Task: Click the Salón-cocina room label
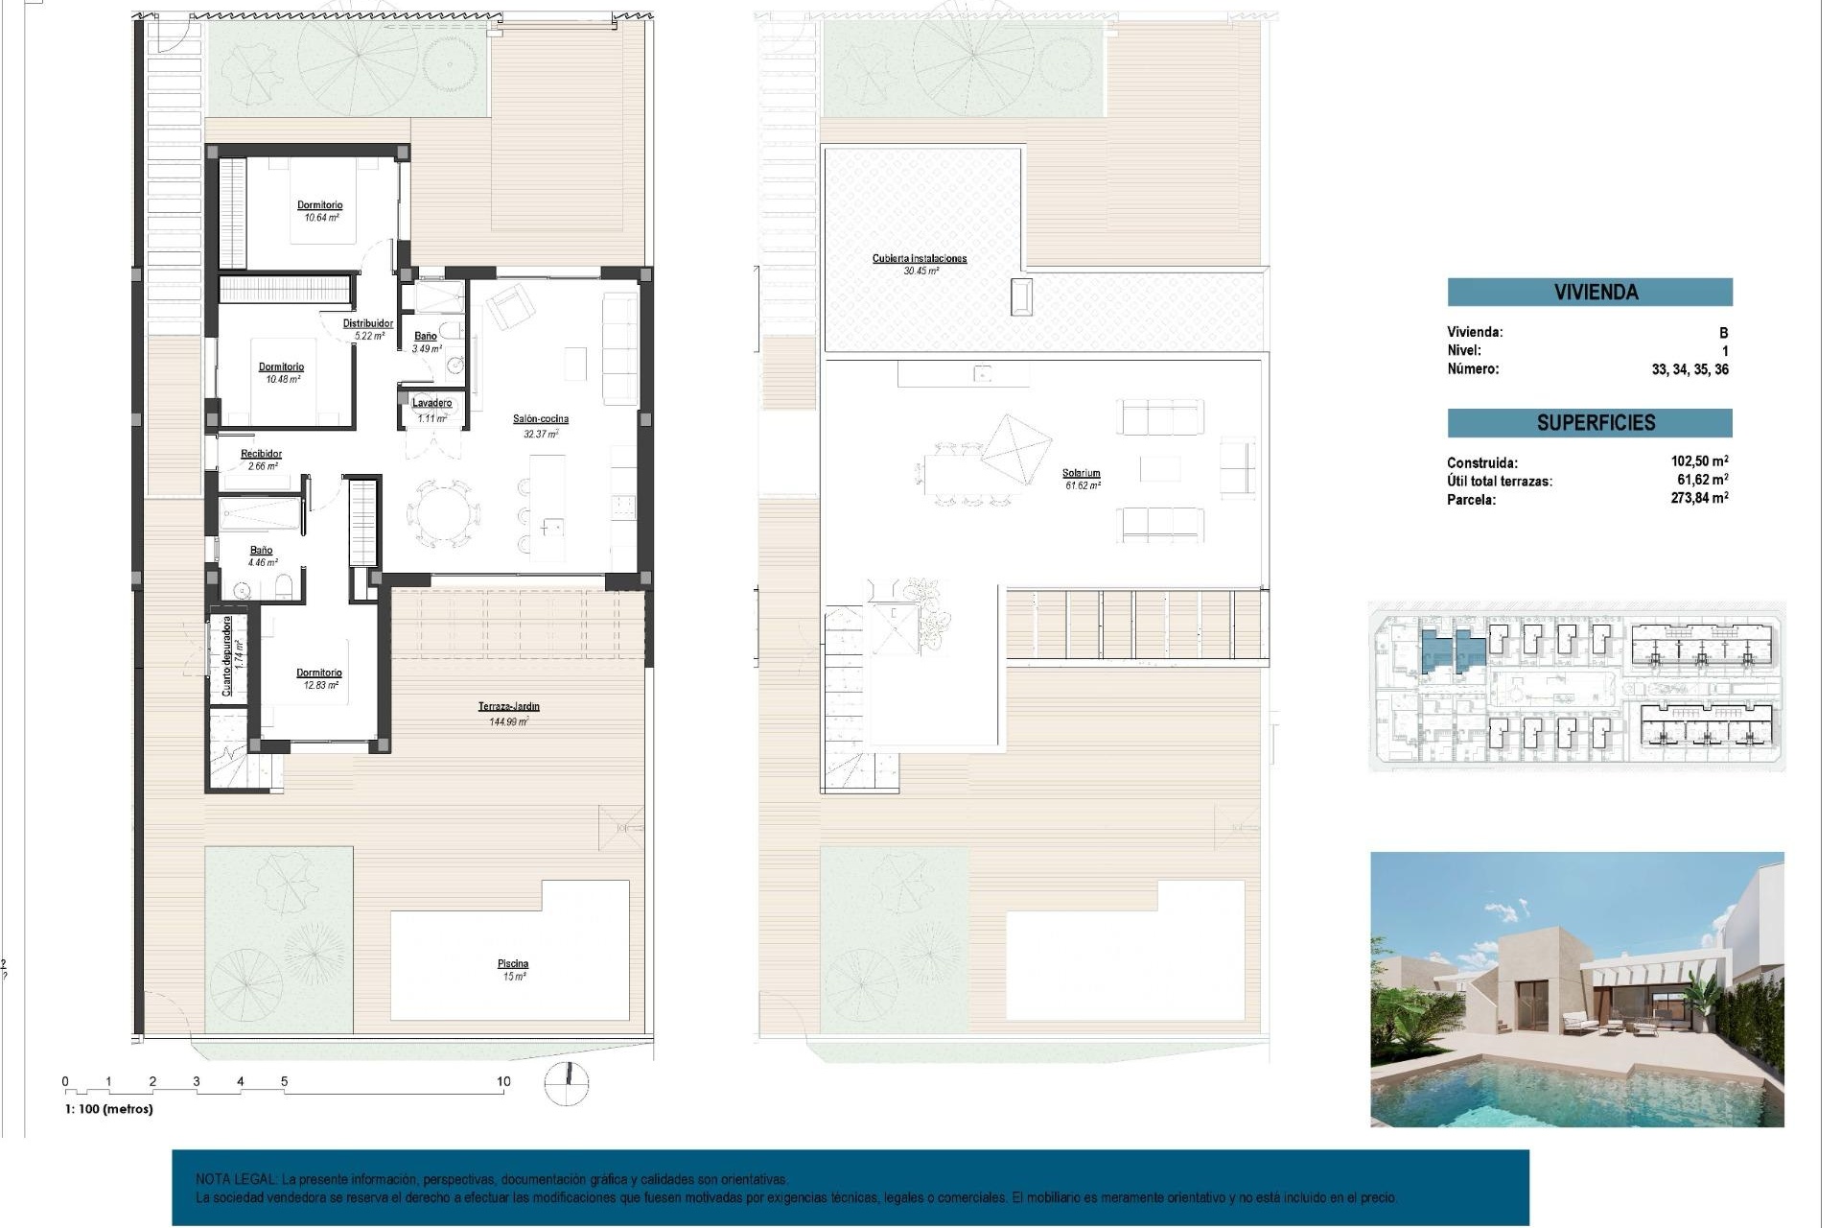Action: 540,419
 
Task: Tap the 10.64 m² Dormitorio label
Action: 319,205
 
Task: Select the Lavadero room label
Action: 431,403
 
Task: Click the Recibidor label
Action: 261,454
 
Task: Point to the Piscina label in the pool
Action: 513,964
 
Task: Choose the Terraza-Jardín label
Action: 508,707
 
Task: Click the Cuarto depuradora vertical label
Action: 227,656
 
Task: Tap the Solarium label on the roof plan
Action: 1081,473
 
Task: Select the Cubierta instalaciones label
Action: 919,258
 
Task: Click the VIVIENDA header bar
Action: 1589,292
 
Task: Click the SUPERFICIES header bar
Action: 1589,423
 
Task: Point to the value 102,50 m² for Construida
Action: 1698,461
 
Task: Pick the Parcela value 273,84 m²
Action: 1698,498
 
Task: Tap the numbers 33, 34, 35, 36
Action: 1689,369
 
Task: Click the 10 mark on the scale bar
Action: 503,1081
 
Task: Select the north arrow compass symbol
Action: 567,1083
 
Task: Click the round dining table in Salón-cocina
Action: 444,513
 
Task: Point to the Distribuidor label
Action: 368,323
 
